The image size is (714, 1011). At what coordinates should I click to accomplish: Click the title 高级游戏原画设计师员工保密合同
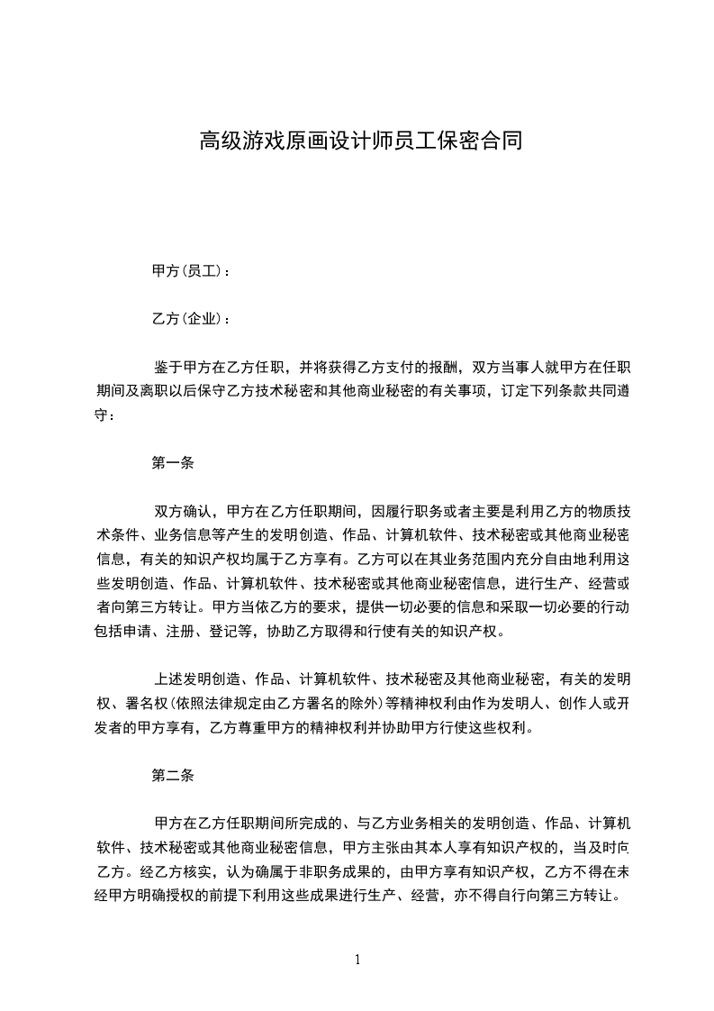point(359,141)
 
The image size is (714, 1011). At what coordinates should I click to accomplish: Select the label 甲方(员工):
point(191,270)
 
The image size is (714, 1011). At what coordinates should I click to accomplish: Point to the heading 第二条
point(174,774)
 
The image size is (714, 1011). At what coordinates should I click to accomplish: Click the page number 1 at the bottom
point(357,959)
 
